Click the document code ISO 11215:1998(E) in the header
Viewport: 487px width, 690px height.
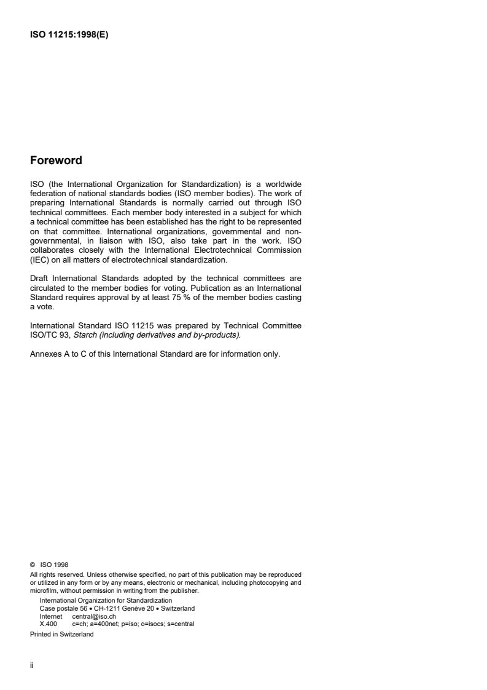pos(69,34)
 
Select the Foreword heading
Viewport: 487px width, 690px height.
pos(56,161)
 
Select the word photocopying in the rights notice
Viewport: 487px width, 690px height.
pos(274,581)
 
